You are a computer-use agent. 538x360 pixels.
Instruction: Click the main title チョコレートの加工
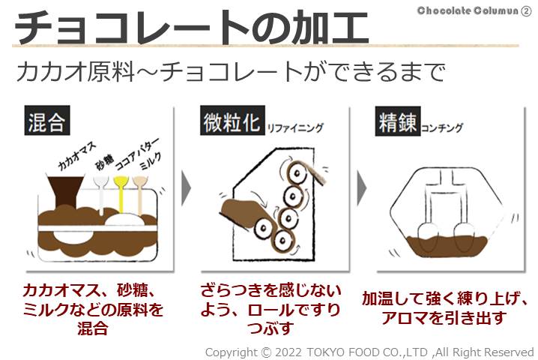(x=191, y=28)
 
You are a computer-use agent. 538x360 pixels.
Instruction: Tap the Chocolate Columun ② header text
(x=474, y=10)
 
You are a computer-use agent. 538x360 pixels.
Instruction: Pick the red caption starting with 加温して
(x=442, y=307)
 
